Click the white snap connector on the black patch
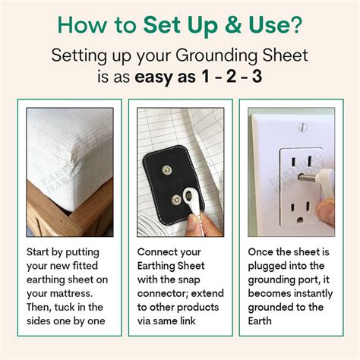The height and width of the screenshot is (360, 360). click(185, 204)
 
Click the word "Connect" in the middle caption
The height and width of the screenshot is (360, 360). click(160, 251)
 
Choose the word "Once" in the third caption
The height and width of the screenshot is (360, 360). click(263, 251)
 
